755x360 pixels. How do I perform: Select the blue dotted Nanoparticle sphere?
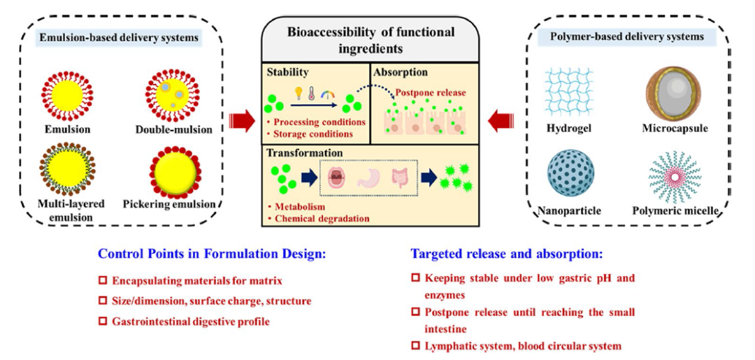pyautogui.click(x=570, y=173)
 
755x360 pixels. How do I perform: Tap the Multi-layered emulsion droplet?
pyautogui.click(x=67, y=168)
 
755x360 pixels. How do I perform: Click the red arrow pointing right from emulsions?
pyautogui.click(x=242, y=121)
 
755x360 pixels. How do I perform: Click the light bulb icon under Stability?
pyautogui.click(x=299, y=95)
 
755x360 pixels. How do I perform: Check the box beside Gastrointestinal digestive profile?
pyautogui.click(x=102, y=321)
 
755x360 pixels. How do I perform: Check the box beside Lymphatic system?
pyautogui.click(x=415, y=345)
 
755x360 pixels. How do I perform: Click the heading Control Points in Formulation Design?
pyautogui.click(x=213, y=254)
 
